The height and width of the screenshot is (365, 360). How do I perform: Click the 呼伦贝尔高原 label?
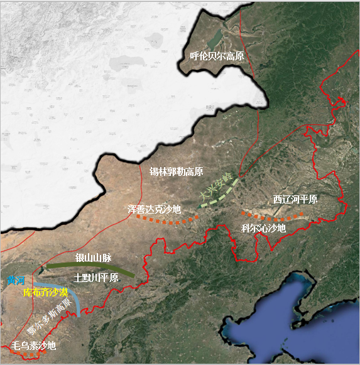pyautogui.click(x=217, y=57)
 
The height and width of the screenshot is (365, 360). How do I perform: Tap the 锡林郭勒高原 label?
pyautogui.click(x=176, y=172)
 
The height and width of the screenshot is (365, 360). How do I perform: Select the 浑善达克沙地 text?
pyautogui.click(x=154, y=209)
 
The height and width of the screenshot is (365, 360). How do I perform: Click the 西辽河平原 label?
pyautogui.click(x=295, y=199)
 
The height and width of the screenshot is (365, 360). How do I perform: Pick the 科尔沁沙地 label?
pyautogui.click(x=263, y=228)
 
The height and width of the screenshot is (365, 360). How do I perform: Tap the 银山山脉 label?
pyautogui.click(x=93, y=258)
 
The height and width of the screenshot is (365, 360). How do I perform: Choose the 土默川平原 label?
pyautogui.click(x=95, y=278)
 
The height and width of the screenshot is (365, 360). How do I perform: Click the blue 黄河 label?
pyautogui.click(x=16, y=281)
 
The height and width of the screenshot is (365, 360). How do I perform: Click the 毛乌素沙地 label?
pyautogui.click(x=34, y=345)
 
